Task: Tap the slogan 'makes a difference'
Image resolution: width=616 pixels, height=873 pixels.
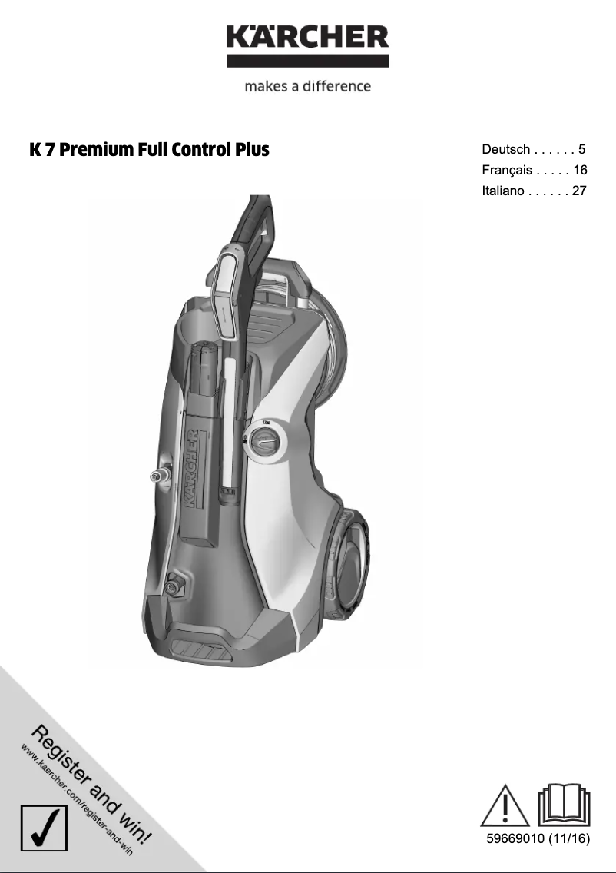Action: point(307,86)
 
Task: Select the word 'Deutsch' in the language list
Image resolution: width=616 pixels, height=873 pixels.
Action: point(505,149)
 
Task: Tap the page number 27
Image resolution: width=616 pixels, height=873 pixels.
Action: point(579,191)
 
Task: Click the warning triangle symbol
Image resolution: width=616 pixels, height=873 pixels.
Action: point(505,806)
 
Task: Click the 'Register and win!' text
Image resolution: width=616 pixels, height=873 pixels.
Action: point(92,783)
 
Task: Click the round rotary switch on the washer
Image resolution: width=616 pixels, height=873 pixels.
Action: point(266,443)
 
